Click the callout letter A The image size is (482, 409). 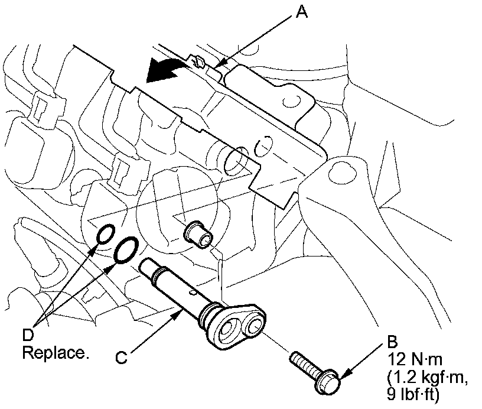click(x=302, y=12)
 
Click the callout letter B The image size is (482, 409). click(x=393, y=342)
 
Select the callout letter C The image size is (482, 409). click(x=122, y=358)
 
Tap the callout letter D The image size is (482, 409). click(x=28, y=335)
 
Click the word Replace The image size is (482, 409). click(x=56, y=352)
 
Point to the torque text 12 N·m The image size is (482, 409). click(x=415, y=359)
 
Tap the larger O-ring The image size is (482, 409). click(x=126, y=251)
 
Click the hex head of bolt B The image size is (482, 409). click(x=327, y=381)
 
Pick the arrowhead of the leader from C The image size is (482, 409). click(x=179, y=314)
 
